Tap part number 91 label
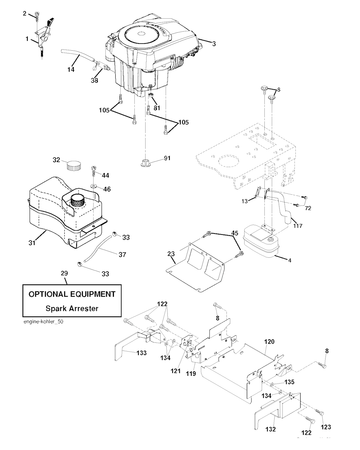(x=167, y=158)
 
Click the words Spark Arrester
(x=72, y=309)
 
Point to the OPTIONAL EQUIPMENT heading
(x=72, y=294)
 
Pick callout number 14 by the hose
(x=71, y=70)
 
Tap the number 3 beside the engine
(x=214, y=44)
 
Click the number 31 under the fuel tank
(x=32, y=242)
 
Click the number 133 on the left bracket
(x=142, y=353)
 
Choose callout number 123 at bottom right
(x=326, y=427)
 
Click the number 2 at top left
(x=25, y=13)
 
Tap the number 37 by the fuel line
(x=122, y=255)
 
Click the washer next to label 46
(x=93, y=185)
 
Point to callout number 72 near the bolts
(x=308, y=208)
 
